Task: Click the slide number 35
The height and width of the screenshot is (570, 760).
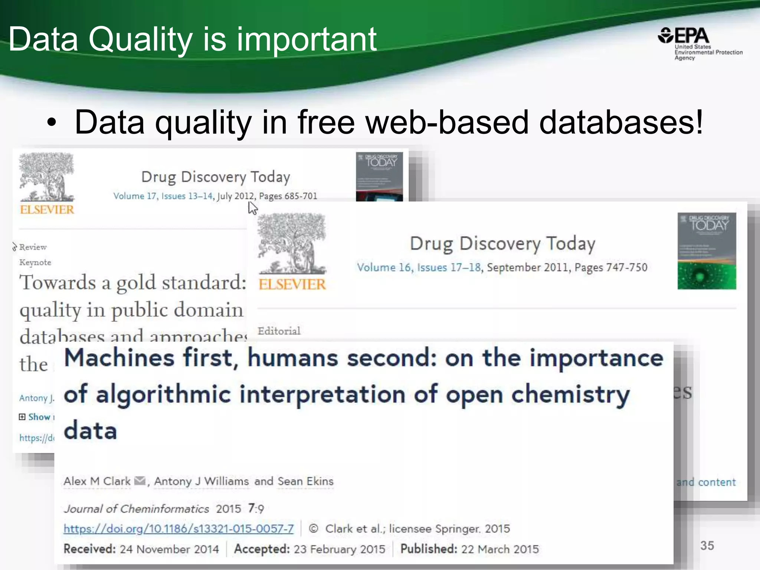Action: pyautogui.click(x=707, y=546)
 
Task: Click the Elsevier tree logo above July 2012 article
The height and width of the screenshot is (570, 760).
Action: pyautogui.click(x=47, y=177)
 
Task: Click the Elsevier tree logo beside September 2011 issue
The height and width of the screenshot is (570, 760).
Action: pyautogui.click(x=292, y=243)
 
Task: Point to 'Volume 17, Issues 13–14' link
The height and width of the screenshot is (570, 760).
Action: pyautogui.click(x=163, y=196)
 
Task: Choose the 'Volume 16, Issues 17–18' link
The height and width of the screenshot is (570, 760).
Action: pyautogui.click(x=419, y=267)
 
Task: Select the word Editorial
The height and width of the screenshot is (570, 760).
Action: pyautogui.click(x=279, y=331)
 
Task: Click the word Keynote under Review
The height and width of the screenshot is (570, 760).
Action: pyautogui.click(x=35, y=262)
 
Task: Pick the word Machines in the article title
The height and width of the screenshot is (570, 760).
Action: pyautogui.click(x=119, y=358)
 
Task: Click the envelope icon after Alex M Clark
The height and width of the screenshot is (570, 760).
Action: pyautogui.click(x=140, y=481)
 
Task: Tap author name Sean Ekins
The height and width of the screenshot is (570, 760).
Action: pyautogui.click(x=305, y=481)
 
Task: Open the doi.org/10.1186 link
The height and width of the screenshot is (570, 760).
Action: pyautogui.click(x=178, y=528)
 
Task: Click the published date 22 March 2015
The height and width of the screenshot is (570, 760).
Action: pyautogui.click(x=499, y=549)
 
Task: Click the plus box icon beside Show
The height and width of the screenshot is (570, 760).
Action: pyautogui.click(x=22, y=417)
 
